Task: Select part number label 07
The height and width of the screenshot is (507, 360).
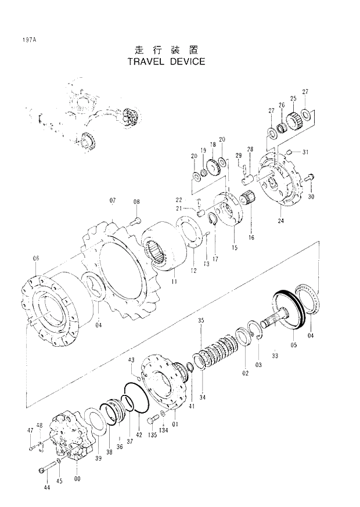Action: tap(113, 201)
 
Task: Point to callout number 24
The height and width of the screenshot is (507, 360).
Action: tap(280, 221)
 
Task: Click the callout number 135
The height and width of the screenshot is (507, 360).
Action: tap(153, 434)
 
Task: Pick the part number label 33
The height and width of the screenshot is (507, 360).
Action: tap(275, 355)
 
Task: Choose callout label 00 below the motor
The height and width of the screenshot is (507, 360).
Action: tap(77, 479)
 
